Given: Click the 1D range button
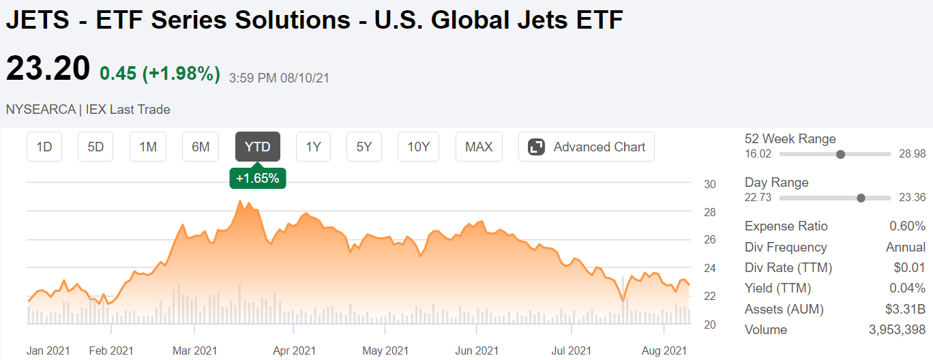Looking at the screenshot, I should pyautogui.click(x=44, y=147).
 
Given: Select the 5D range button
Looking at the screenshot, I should pyautogui.click(x=96, y=147).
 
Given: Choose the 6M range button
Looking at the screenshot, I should pyautogui.click(x=201, y=147).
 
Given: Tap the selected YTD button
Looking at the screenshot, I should pyautogui.click(x=258, y=147).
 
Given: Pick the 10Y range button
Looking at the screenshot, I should pyautogui.click(x=418, y=147).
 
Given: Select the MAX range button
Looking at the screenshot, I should pyautogui.click(x=479, y=147).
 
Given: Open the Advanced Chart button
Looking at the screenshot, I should pyautogui.click(x=587, y=147).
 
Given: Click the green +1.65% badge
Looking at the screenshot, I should pyautogui.click(x=258, y=178).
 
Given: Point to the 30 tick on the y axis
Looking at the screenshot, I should pyautogui.click(x=710, y=184).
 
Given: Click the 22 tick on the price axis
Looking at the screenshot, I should pyautogui.click(x=710, y=296).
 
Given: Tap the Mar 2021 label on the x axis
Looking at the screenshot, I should pyautogui.click(x=195, y=350).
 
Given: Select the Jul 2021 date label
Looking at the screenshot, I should pyautogui.click(x=572, y=350).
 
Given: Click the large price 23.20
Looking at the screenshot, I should pyautogui.click(x=48, y=69).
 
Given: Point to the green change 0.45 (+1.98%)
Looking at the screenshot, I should pyautogui.click(x=160, y=74).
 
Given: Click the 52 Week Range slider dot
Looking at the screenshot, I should pyautogui.click(x=840, y=154).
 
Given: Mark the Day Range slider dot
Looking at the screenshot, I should pyautogui.click(x=861, y=198).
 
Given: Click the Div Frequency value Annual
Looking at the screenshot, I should pyautogui.click(x=905, y=247).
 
